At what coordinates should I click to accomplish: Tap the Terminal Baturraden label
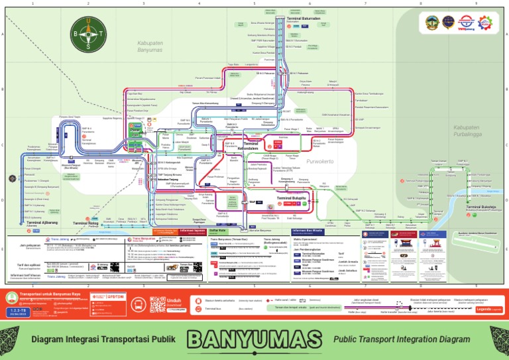[x=305, y=18]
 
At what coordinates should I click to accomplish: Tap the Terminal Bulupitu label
[x=291, y=198]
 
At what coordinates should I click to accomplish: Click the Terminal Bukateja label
[x=482, y=208]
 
